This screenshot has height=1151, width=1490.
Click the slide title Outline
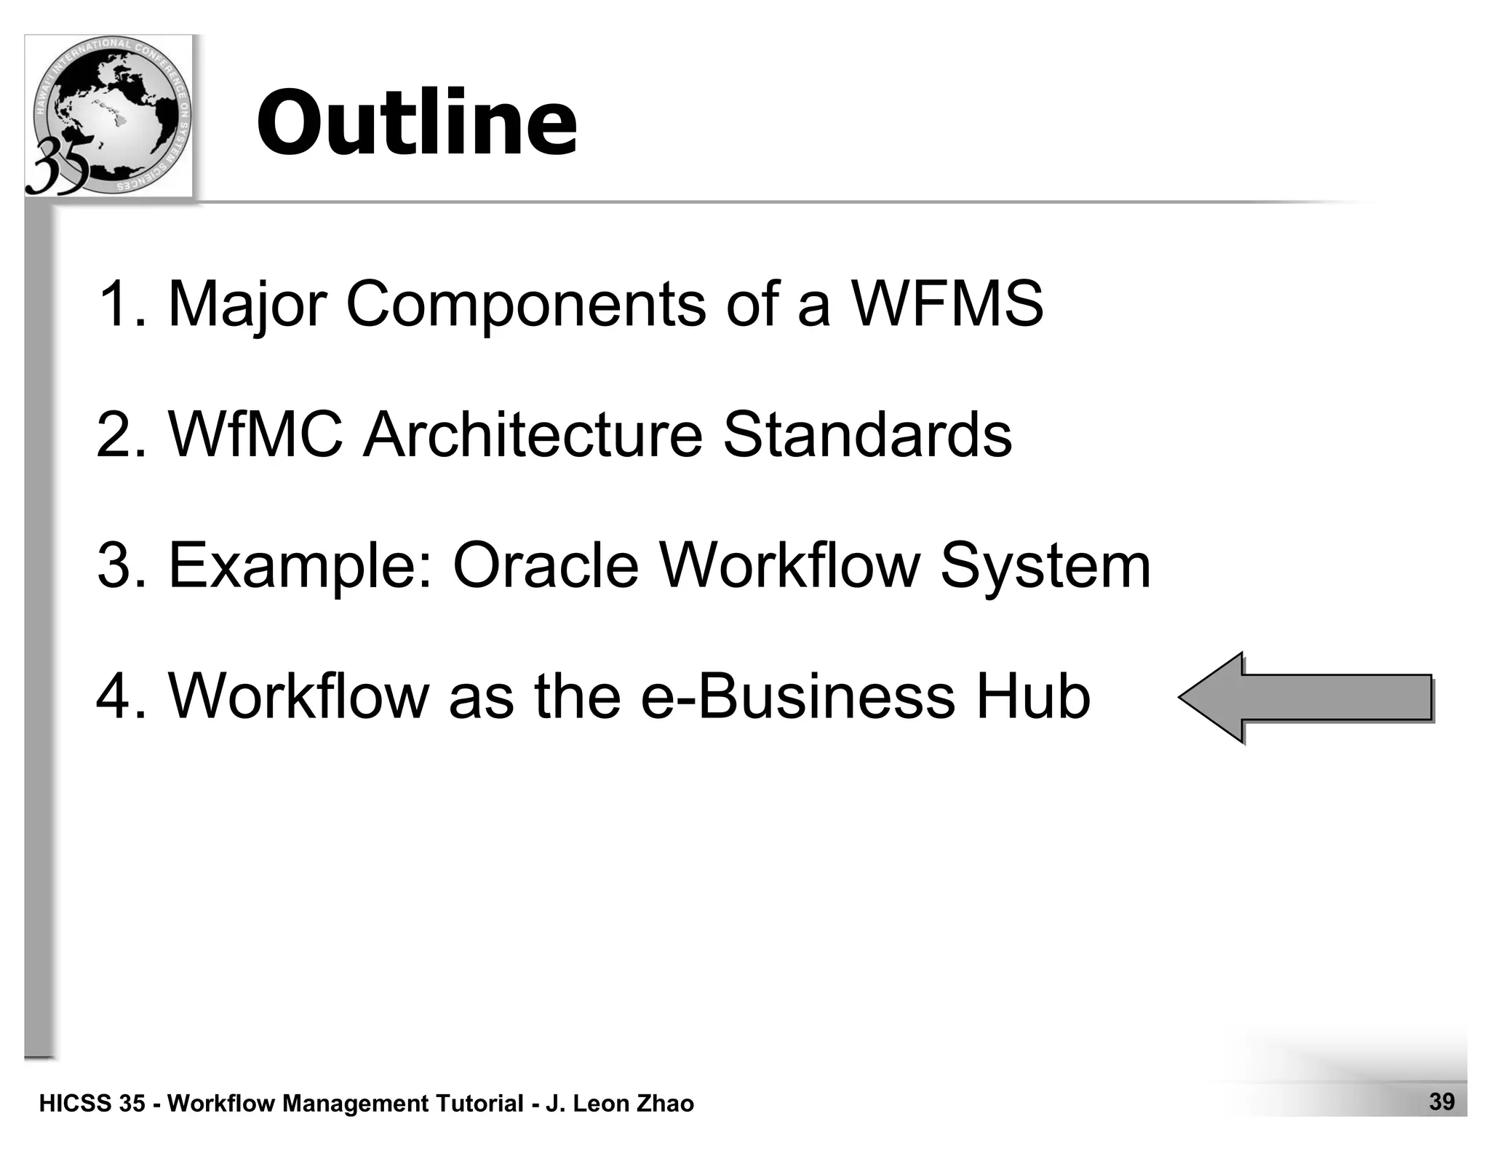point(417,122)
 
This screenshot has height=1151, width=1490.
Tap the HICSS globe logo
point(109,115)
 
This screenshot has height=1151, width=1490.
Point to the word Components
point(525,304)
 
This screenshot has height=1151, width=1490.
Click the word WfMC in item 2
point(255,434)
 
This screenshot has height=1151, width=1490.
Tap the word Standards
point(866,434)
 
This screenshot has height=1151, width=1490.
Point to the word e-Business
point(797,696)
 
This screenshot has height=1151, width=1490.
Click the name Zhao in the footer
point(665,1104)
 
